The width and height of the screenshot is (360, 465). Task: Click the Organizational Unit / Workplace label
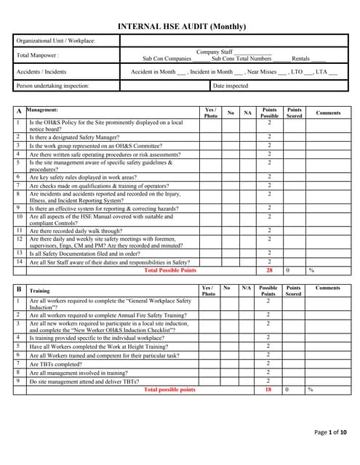tap(56, 41)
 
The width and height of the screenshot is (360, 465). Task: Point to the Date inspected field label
tap(231, 86)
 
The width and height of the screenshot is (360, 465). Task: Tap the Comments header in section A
tap(328, 113)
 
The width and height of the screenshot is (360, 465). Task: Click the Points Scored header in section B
tap(294, 291)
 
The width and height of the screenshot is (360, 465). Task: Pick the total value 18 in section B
tap(268, 390)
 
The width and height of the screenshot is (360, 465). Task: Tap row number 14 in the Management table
tap(20, 262)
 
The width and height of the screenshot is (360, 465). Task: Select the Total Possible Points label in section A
tap(170, 270)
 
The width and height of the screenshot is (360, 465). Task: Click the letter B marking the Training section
tap(19, 289)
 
